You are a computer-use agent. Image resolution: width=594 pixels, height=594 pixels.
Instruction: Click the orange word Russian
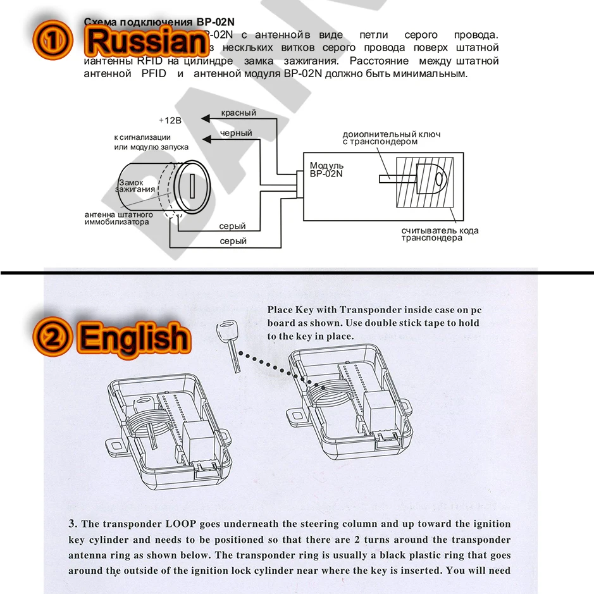pos(147,40)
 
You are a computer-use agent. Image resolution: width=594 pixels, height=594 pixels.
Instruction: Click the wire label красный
pos(238,113)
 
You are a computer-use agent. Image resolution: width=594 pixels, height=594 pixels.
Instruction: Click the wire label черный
pos(236,133)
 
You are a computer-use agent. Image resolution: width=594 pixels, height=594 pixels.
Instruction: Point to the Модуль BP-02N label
pos(327,170)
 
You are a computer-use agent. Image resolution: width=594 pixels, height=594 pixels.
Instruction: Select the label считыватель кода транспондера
pos(440,235)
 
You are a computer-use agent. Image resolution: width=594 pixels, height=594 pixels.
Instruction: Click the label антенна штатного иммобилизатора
pos(118,218)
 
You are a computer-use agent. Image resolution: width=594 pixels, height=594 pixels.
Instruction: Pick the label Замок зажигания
pos(134,186)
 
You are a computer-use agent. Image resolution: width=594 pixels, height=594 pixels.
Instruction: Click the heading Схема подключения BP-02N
pos(159,21)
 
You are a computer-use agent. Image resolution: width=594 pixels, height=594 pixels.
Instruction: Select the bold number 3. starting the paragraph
pos(73,524)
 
